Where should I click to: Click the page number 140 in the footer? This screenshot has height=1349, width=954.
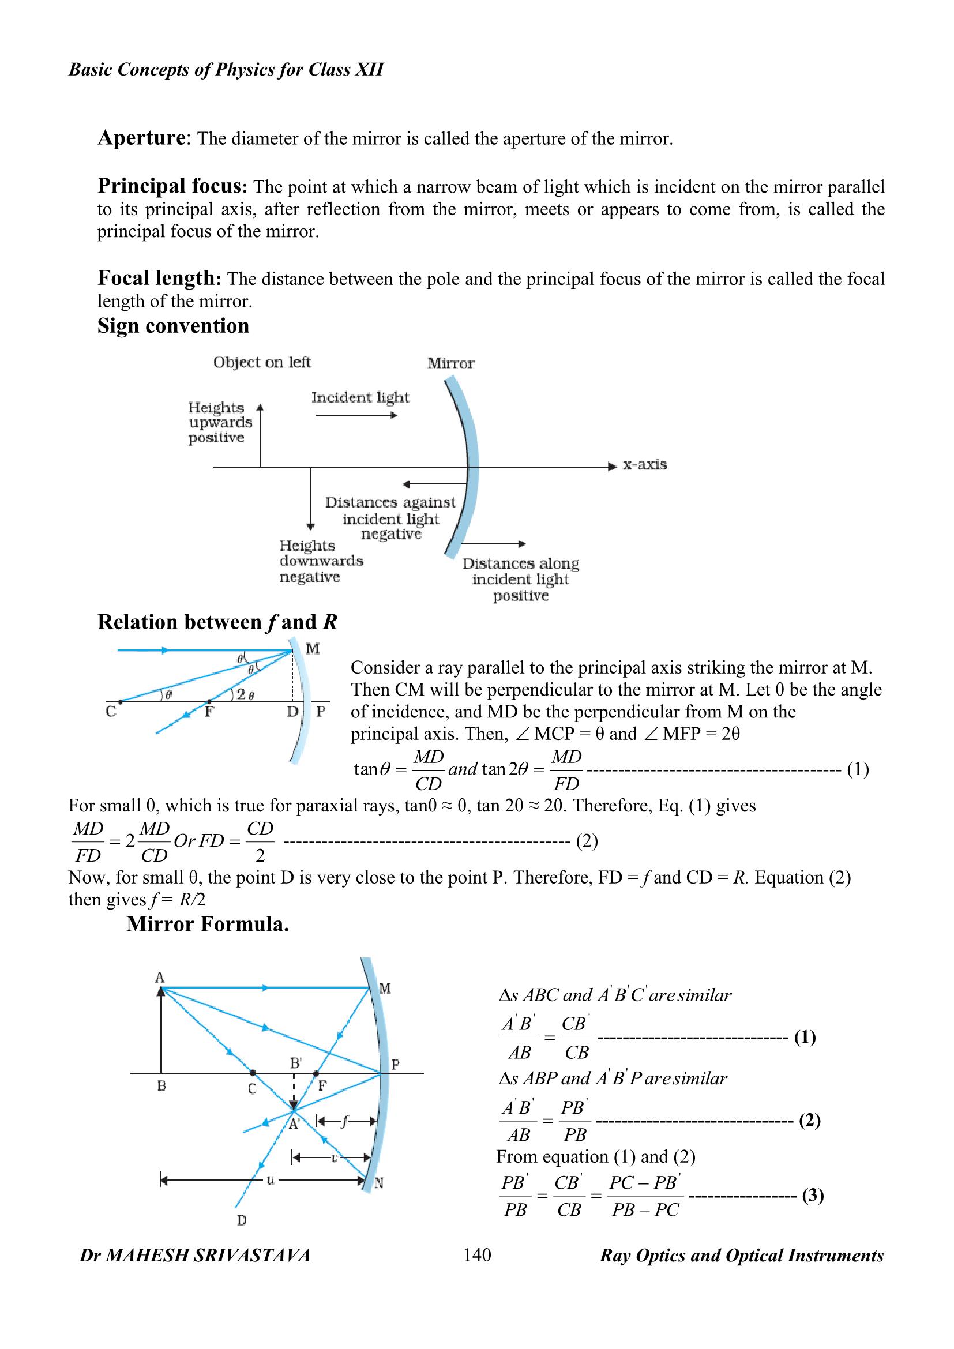point(477,1255)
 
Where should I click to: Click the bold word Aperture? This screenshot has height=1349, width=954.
point(141,137)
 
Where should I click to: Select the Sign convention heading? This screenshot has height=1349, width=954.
point(173,325)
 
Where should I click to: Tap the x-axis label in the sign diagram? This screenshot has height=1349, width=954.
point(644,464)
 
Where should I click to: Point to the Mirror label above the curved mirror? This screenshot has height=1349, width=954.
point(450,363)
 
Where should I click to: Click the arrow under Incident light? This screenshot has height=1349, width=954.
point(356,415)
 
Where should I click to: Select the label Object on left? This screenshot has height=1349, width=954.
point(262,362)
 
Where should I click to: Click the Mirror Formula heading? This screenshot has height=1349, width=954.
point(208,924)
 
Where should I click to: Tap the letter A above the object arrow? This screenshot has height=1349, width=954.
point(160,978)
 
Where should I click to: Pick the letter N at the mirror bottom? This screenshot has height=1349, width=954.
point(380,1183)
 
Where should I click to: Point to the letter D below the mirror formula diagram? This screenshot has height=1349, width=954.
point(242,1221)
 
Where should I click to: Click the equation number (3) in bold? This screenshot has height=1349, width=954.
point(813,1195)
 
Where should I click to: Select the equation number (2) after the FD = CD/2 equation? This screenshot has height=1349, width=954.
point(587,841)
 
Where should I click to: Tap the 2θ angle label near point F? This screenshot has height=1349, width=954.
point(243,695)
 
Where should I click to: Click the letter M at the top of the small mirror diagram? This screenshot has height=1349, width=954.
point(313,649)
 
